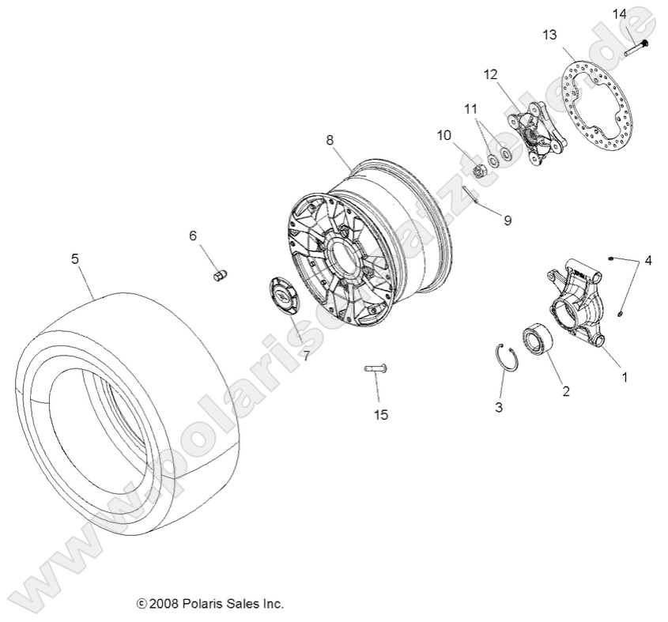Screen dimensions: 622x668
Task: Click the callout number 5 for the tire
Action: point(75,258)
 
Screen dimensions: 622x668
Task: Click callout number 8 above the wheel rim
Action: point(330,140)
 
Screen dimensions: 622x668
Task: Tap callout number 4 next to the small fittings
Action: point(648,260)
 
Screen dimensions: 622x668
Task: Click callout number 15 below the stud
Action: point(381,414)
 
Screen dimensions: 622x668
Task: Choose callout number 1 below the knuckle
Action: point(625,377)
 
